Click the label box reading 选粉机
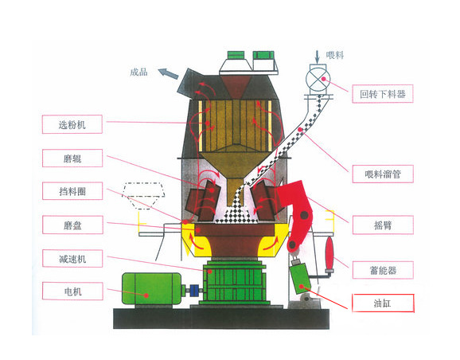point(72,124)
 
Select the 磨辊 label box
point(72,158)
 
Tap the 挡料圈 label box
point(72,191)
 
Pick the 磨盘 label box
point(72,225)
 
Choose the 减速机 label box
point(72,258)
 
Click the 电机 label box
point(72,291)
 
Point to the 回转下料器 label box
point(383,94)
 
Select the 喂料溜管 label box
point(383,174)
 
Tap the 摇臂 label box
point(383,225)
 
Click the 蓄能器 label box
point(383,270)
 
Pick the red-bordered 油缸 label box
point(383,303)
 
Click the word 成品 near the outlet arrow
point(138,72)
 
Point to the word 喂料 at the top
point(335,55)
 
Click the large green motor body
point(151,288)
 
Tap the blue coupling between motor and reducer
point(194,291)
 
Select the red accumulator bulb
point(329,252)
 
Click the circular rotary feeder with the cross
point(318,80)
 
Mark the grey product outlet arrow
point(168,73)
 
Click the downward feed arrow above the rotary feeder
point(317,57)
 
